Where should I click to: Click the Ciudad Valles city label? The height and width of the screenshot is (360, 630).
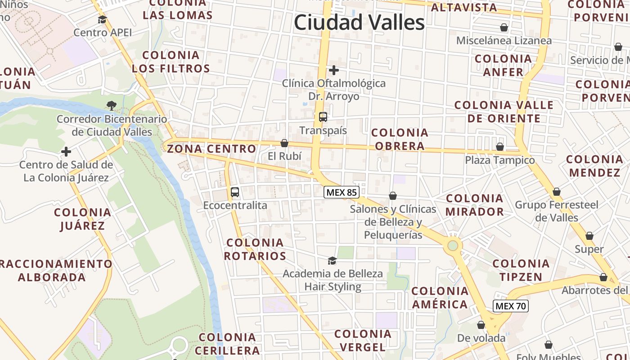(359, 22)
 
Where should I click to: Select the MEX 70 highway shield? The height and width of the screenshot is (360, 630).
(511, 306)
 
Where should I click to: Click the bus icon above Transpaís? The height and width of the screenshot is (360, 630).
(323, 117)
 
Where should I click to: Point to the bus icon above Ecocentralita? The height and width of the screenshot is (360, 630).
(235, 192)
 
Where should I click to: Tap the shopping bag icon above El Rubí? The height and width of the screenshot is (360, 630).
(284, 143)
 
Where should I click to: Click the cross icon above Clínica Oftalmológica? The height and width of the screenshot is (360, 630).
(334, 70)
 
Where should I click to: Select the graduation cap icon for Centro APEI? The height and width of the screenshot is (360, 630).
(103, 19)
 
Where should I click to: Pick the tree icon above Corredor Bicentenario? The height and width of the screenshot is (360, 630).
(111, 106)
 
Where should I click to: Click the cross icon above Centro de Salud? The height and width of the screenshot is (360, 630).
(66, 152)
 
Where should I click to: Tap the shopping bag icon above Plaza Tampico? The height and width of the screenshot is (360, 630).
(500, 147)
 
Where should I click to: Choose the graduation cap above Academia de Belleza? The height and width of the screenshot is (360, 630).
(332, 261)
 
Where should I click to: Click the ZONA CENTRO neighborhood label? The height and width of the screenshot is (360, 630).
(211, 149)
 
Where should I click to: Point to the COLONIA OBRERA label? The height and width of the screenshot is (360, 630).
(400, 139)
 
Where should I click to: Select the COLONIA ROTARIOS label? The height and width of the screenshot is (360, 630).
(255, 249)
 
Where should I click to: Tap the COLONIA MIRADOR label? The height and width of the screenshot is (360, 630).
(475, 205)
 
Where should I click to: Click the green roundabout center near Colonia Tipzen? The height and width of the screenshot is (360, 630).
(453, 245)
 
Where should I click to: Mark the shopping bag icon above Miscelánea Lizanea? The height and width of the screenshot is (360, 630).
(504, 27)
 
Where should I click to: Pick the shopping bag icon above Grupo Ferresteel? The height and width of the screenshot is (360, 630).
(557, 192)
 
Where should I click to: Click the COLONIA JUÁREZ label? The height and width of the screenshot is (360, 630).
(82, 219)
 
